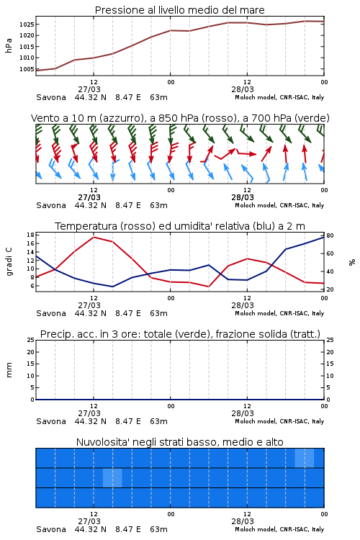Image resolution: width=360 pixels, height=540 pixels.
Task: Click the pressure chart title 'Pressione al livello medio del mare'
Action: [179, 10]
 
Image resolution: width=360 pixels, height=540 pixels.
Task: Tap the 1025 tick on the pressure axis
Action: [26, 24]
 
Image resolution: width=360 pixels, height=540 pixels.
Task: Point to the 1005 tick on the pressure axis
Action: [26, 69]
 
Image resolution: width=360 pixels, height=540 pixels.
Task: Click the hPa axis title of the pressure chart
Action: [9, 45]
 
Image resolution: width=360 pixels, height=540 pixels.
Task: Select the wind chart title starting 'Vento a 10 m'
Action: [180, 118]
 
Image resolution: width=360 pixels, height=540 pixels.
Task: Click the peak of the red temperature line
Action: [94, 237]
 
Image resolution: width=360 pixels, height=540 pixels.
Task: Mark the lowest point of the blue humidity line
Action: [112, 287]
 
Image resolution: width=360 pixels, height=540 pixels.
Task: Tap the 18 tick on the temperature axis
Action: [30, 235]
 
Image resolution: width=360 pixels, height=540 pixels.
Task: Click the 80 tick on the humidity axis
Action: [330, 235]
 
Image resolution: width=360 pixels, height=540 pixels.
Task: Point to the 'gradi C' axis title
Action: [9, 261]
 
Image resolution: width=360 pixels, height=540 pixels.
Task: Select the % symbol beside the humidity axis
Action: [352, 262]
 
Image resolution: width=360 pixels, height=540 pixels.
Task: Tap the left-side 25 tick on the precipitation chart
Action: [31, 340]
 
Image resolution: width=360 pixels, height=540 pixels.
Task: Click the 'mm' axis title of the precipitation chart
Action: [9, 370]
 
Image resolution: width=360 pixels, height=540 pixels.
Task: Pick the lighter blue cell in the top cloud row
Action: [305, 458]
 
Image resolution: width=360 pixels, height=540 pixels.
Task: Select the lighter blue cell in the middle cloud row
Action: [112, 477]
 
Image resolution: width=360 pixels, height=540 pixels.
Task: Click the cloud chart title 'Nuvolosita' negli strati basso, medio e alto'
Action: [179, 442]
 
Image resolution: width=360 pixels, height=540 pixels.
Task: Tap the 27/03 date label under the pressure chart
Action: [89, 89]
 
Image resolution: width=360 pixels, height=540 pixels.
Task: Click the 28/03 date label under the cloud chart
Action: [243, 521]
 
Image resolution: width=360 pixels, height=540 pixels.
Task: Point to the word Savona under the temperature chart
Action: [51, 313]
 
